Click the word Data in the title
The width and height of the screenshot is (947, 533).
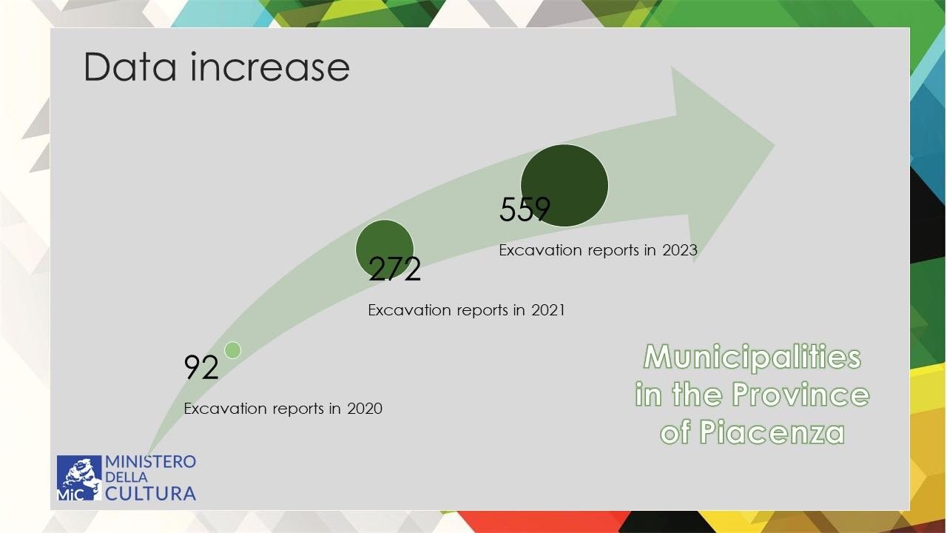[130, 67]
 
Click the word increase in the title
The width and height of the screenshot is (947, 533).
[270, 67]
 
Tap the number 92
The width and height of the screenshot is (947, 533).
[201, 367]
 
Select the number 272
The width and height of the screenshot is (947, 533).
[394, 269]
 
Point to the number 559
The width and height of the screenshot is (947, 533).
[525, 209]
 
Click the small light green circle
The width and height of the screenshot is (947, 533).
[232, 350]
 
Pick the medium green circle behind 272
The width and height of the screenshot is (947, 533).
[385, 249]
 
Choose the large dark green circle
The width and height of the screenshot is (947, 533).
[565, 185]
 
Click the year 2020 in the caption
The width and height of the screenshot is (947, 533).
[365, 409]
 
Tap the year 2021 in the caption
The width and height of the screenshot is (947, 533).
[548, 310]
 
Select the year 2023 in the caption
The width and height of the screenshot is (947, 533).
[680, 250]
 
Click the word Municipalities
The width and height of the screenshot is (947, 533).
[752, 357]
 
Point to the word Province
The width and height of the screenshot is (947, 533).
[801, 394]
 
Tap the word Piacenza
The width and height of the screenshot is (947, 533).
[772, 432]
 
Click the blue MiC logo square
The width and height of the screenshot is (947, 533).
[79, 477]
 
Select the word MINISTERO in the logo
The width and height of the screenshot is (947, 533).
[150, 461]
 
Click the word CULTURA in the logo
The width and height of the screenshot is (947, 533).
[150, 494]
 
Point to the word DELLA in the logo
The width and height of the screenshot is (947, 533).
[127, 477]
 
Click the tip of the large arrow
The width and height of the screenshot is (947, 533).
[775, 146]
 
